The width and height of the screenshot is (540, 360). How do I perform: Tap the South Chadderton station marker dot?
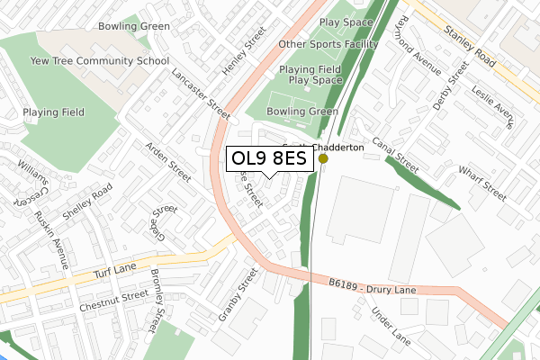(323, 159)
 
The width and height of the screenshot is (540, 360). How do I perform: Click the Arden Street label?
(168, 160)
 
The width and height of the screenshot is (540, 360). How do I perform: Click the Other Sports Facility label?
(328, 43)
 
